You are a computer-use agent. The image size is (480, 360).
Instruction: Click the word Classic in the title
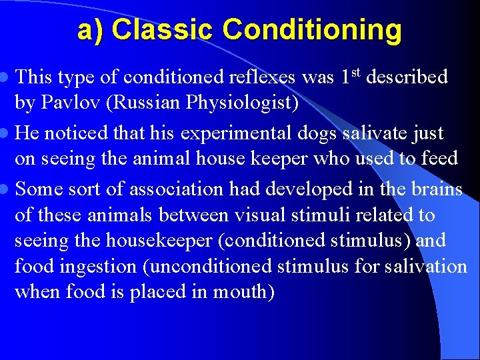pyautogui.click(x=163, y=30)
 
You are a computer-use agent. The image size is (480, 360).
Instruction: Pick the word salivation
pyautogui.click(x=427, y=267)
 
